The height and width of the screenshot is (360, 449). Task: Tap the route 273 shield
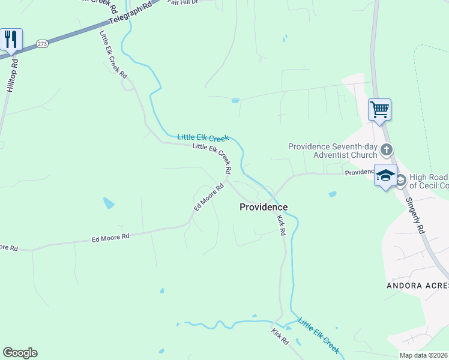pyautogui.click(x=42, y=44)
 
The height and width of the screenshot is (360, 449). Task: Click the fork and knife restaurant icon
pyautogui.click(x=11, y=39)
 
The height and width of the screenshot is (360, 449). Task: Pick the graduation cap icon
pyautogui.click(x=385, y=175)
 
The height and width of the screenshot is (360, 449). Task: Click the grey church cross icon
pyautogui.click(x=387, y=149)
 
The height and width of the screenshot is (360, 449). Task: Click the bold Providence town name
pyautogui.click(x=264, y=207)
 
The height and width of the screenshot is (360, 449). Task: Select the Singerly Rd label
pyautogui.click(x=414, y=215)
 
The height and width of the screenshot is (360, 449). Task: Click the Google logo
pyautogui.click(x=20, y=352)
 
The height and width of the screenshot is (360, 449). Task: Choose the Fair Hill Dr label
pyautogui.click(x=182, y=2)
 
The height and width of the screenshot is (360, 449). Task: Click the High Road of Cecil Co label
pyautogui.click(x=429, y=181)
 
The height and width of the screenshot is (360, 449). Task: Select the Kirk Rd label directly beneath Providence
pyautogui.click(x=281, y=225)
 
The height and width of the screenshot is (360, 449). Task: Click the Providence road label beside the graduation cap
pyautogui.click(x=359, y=173)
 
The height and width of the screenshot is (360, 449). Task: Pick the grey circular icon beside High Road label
pyautogui.click(x=401, y=179)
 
